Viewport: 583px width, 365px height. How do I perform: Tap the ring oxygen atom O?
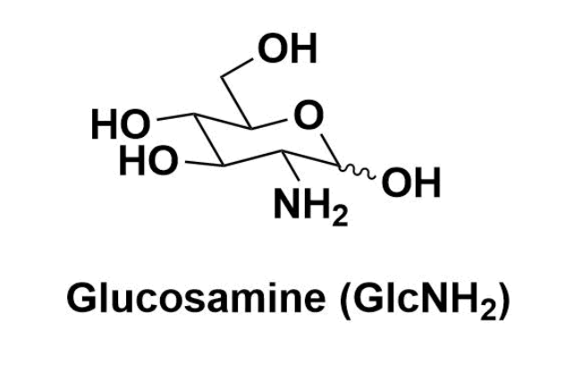(x=309, y=115)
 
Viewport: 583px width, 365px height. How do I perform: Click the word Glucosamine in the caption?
(x=190, y=301)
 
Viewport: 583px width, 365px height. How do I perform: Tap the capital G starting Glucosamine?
(x=81, y=301)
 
